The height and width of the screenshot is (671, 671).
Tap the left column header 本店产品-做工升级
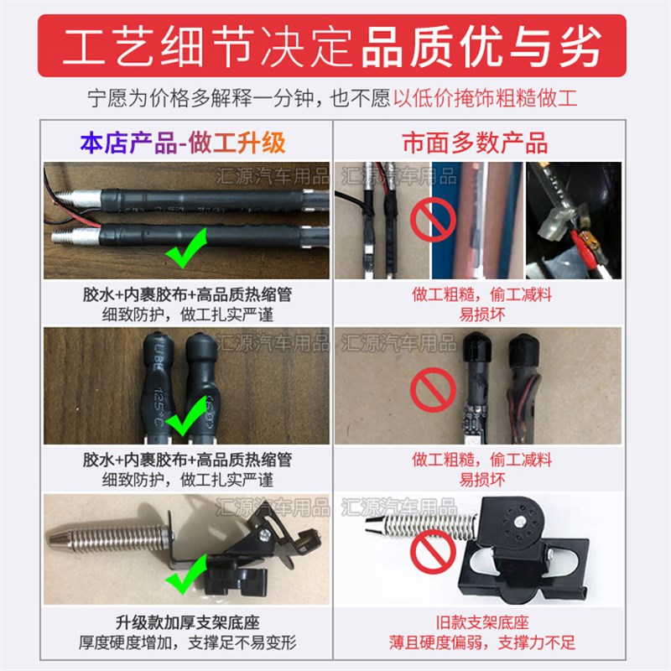[183, 142]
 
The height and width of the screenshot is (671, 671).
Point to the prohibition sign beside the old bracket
[429, 555]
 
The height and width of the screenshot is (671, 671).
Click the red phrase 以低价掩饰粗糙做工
[486, 99]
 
